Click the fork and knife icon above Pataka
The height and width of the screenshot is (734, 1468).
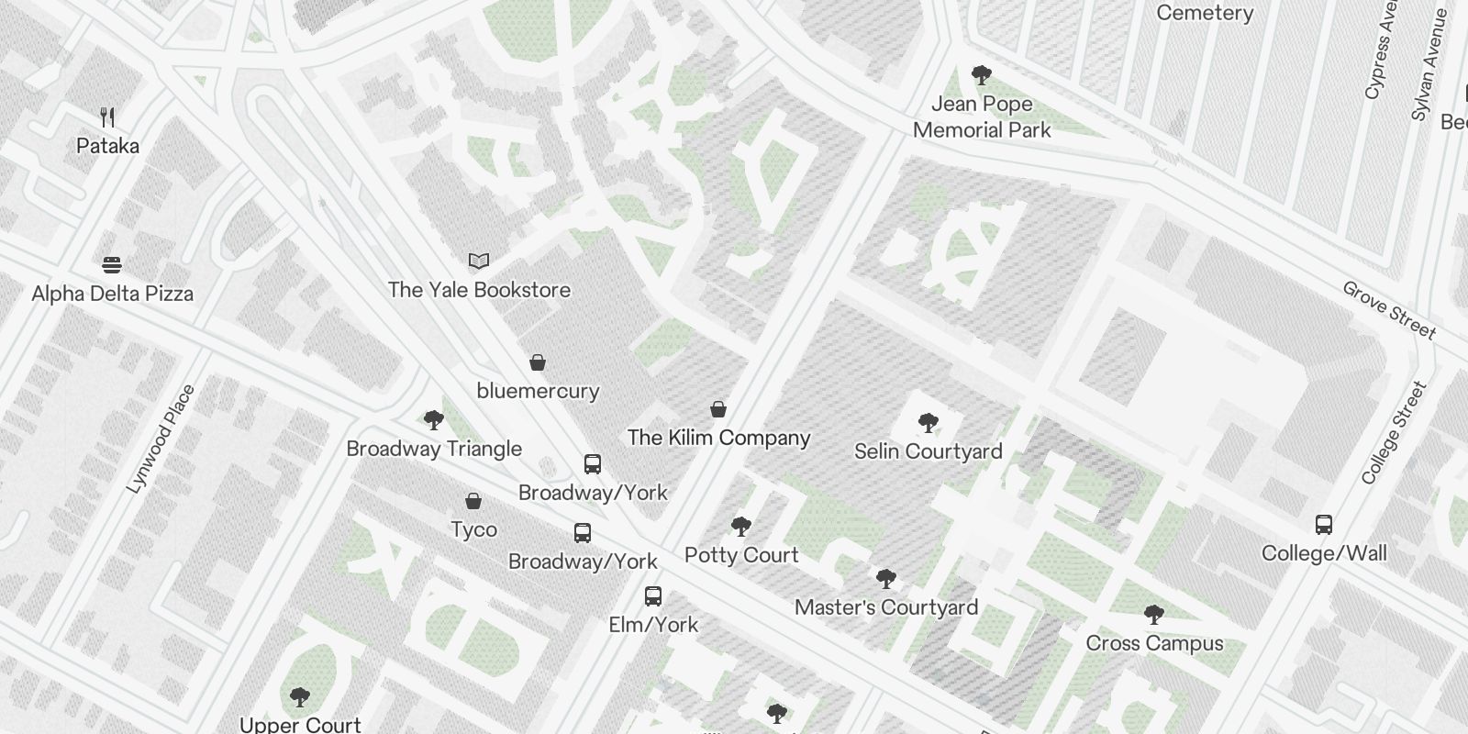(107, 117)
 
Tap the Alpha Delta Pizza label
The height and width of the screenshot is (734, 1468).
(112, 294)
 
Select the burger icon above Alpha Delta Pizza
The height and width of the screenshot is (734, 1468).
(112, 265)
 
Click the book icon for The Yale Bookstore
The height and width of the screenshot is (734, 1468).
(479, 261)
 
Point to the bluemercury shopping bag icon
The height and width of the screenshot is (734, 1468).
(538, 362)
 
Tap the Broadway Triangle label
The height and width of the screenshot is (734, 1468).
(434, 449)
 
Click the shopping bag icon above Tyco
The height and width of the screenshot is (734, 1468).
(473, 501)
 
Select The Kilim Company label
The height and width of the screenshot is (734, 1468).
(718, 438)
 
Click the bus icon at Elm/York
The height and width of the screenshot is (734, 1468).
(653, 596)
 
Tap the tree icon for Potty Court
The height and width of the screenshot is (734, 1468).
(741, 527)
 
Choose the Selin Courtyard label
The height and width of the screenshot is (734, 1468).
(928, 451)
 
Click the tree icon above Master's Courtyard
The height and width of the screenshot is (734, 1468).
(885, 579)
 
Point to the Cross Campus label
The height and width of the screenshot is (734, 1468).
(1154, 643)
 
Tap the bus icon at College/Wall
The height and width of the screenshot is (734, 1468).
(1323, 525)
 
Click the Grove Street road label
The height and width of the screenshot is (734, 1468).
(1389, 309)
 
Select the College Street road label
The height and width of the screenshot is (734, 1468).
(1395, 433)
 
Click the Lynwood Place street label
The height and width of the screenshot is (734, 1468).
(161, 439)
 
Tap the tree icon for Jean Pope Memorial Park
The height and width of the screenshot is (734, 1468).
(982, 75)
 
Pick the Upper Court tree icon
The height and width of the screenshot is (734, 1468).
(300, 697)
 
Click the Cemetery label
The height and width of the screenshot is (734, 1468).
(1204, 13)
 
